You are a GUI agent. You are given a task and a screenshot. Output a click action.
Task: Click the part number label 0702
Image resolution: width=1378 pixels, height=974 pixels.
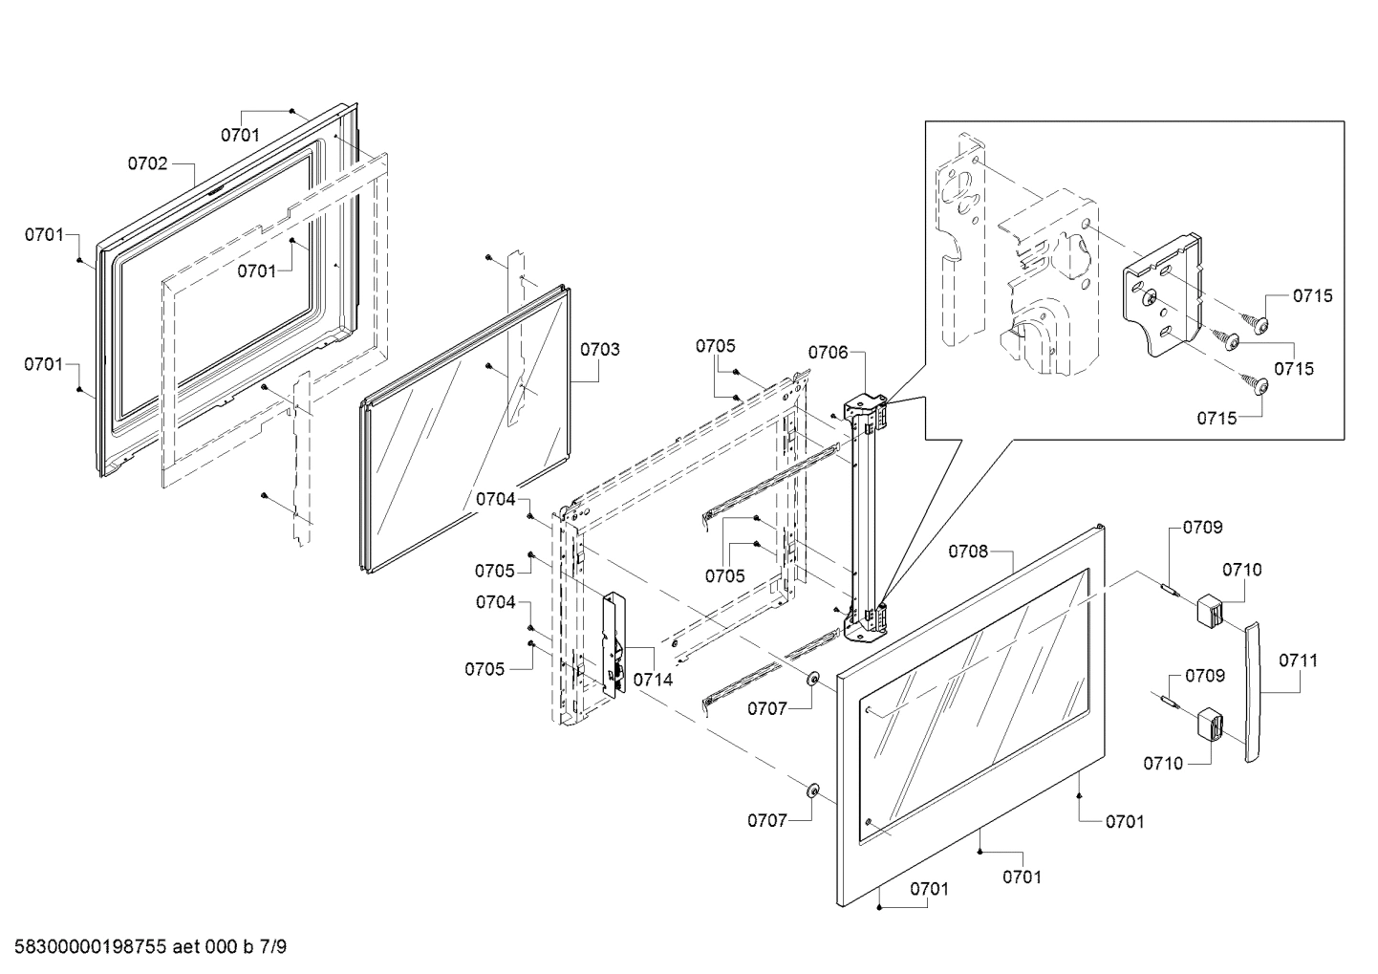tap(147, 163)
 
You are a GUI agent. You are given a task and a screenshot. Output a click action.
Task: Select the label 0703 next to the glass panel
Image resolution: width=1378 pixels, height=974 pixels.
tap(599, 349)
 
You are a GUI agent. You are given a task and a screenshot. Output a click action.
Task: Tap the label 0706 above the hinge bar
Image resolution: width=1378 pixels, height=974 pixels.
tap(828, 353)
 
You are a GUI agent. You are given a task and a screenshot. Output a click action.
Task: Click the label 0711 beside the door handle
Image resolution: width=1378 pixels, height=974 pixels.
tap(1299, 660)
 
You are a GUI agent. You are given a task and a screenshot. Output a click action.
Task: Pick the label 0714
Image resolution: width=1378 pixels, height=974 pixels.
tap(654, 680)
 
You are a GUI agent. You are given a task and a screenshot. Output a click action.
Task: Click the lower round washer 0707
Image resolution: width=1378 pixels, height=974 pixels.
tap(813, 790)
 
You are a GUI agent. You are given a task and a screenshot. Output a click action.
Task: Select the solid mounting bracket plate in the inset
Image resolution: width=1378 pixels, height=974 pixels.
tap(1162, 296)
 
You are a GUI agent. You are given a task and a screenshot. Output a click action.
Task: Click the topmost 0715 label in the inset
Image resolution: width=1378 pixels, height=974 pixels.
tap(1313, 296)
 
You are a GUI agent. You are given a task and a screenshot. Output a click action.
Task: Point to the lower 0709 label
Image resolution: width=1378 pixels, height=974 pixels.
tap(1204, 676)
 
